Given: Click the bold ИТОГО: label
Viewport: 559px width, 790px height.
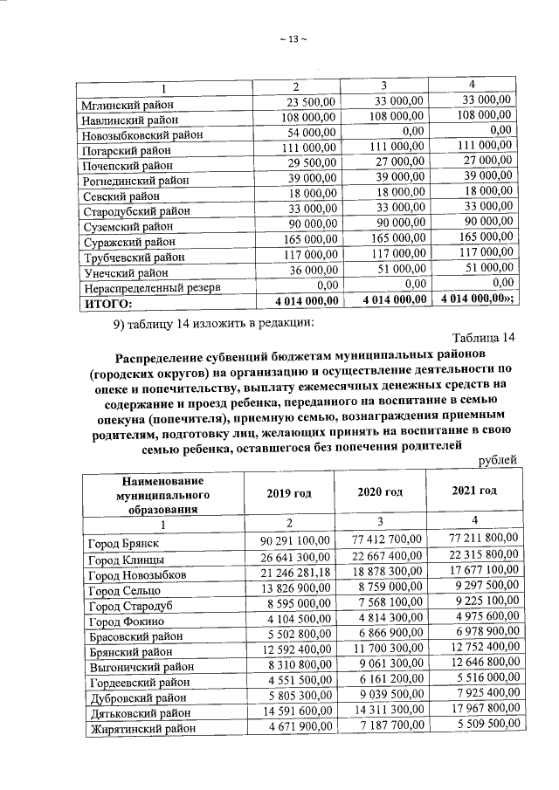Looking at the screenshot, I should pos(107,302).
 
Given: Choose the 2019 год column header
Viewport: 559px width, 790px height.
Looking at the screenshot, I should pos(289,493).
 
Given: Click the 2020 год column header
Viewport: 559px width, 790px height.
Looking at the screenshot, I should pos(380,492).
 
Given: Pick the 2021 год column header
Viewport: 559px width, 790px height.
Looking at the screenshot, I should pos(474,491).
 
